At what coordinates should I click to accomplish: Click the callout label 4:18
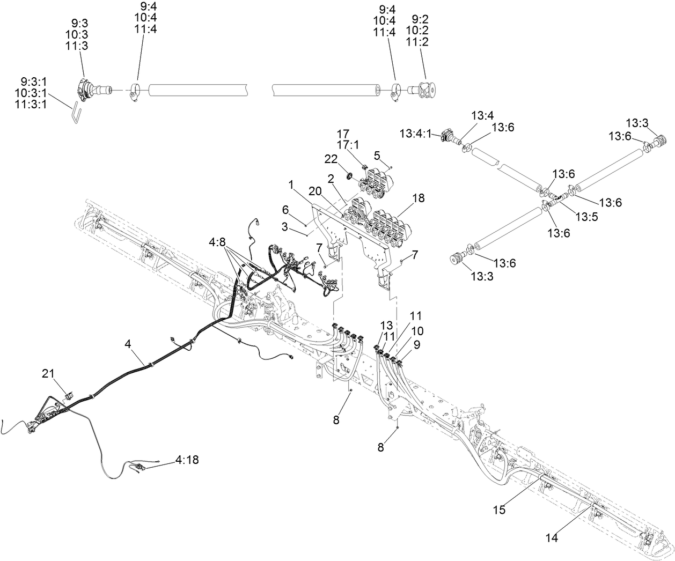click(x=187, y=460)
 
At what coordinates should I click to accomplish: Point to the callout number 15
click(x=499, y=510)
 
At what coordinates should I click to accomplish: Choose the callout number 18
click(x=418, y=198)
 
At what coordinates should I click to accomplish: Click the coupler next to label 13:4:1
click(x=448, y=136)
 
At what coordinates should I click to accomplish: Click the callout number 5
click(x=377, y=155)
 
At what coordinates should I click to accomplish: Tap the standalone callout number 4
click(x=128, y=345)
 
